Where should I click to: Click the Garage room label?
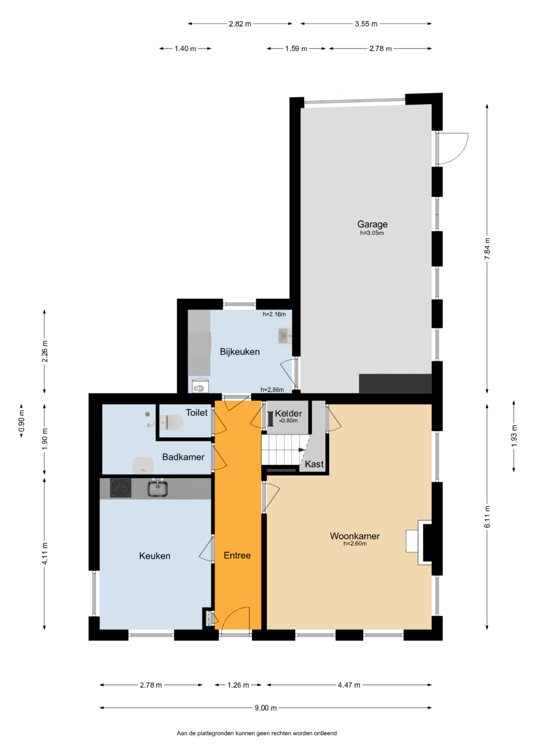(372, 224)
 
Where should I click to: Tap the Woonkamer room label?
(355, 536)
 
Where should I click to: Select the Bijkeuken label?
(240, 352)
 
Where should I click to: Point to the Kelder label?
(288, 413)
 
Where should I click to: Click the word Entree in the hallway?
(237, 555)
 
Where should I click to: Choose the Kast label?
(314, 464)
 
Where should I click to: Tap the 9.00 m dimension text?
(266, 708)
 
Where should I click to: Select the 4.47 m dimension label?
(349, 685)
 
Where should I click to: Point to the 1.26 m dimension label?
(238, 685)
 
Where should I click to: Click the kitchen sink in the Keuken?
(158, 488)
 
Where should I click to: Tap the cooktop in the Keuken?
(120, 488)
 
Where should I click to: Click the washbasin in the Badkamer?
(143, 465)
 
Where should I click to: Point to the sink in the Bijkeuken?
(285, 336)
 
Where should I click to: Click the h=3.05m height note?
(372, 233)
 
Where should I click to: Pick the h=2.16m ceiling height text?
(274, 314)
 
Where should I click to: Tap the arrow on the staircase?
(302, 450)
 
